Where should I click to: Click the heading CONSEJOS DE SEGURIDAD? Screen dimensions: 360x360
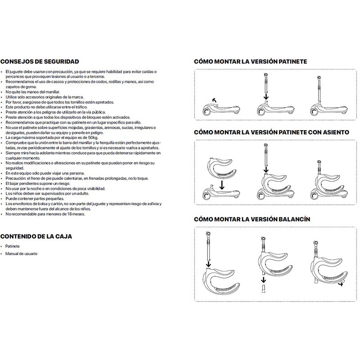[x=40, y=62]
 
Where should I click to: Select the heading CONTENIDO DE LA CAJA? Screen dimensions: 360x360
[x=36, y=236]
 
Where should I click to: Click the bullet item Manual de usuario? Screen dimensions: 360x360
[x=22, y=254]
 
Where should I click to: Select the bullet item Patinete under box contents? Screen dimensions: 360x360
[x=14, y=247]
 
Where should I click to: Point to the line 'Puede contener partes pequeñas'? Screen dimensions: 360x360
[x=33, y=199]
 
